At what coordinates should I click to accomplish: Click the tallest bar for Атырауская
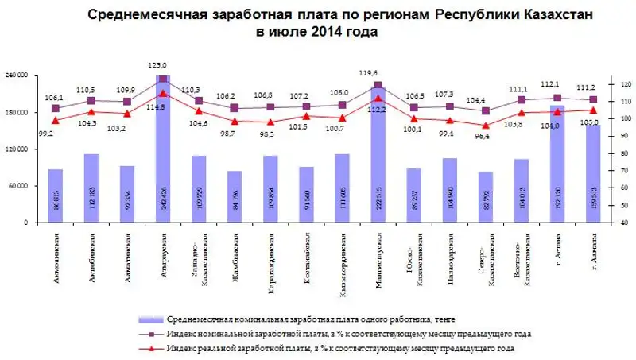pyautogui.click(x=163, y=151)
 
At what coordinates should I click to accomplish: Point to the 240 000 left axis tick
pyautogui.click(x=17, y=75)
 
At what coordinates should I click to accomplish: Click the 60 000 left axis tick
pyautogui.click(x=19, y=186)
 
